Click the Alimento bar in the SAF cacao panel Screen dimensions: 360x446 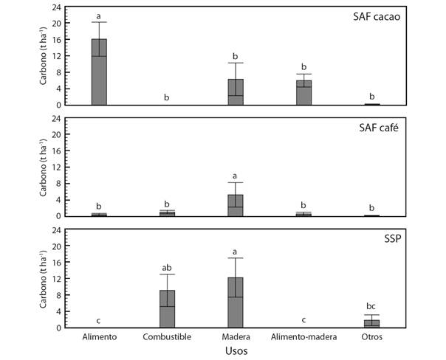pos(99,72)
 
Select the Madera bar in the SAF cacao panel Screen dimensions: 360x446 pos(236,91)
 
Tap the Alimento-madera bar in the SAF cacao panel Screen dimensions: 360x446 pos(303,93)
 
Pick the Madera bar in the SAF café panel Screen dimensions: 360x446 pos(236,205)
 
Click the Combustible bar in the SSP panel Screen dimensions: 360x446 pos(167,308)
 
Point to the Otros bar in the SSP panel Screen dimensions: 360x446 pos(371,323)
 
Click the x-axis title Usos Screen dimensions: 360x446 pos(236,352)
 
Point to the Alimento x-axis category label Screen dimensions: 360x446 pos(99,337)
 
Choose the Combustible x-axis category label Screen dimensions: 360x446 pos(167,337)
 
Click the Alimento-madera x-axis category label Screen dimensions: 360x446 pos(303,337)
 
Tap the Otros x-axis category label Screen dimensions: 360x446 pos(371,337)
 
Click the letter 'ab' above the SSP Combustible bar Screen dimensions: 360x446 pos(167,267)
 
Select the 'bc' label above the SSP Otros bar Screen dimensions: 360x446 pos(371,308)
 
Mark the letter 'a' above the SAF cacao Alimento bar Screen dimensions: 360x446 pos(99,15)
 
